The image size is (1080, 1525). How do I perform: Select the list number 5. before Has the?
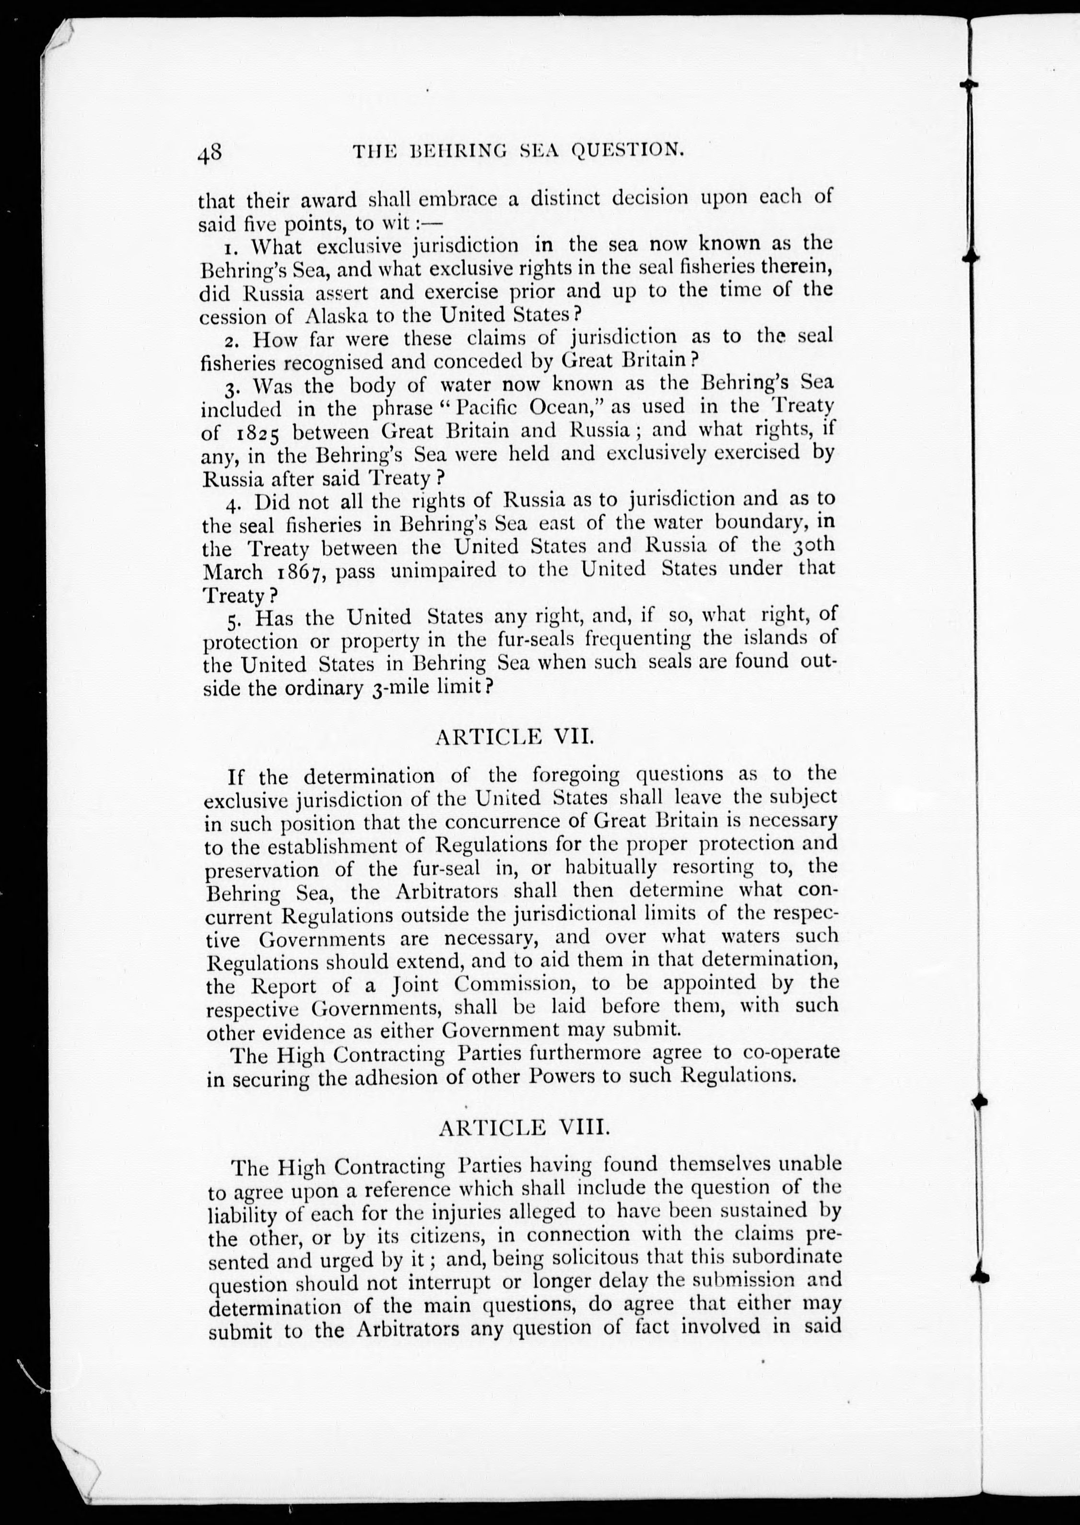point(233,621)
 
